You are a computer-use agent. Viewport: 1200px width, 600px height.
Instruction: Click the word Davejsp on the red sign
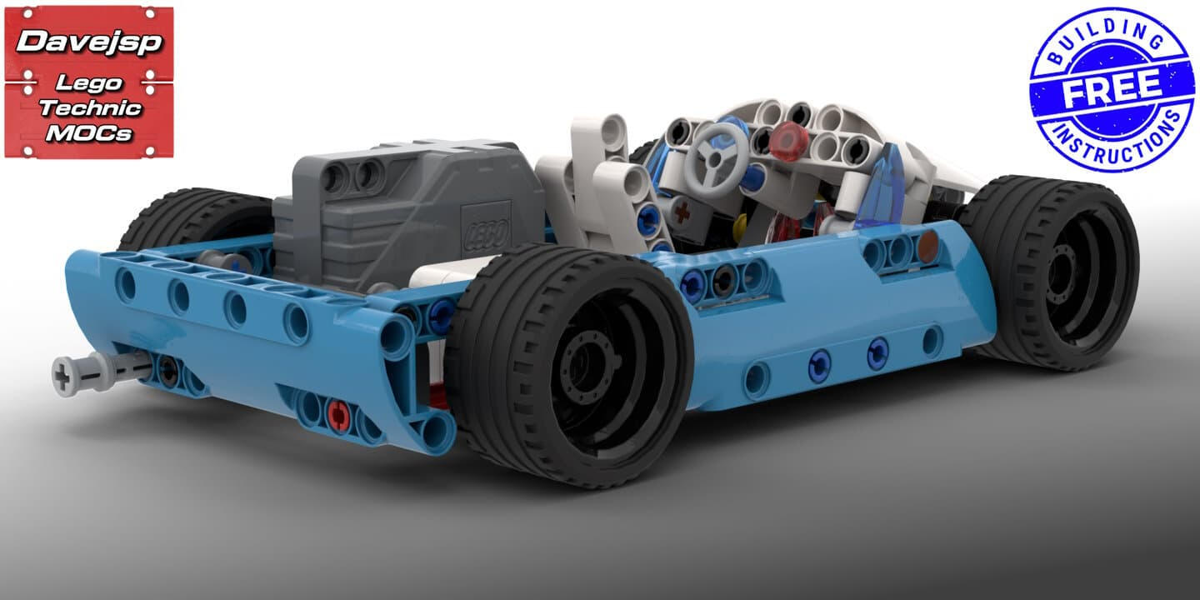pos(88,42)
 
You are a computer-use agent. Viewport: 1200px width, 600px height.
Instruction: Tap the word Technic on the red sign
pos(90,107)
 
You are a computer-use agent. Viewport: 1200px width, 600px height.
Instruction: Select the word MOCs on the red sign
pos(88,132)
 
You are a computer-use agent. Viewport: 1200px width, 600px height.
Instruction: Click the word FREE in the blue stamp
pos(1111,89)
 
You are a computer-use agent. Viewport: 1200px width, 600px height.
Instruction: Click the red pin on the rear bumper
pos(338,413)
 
